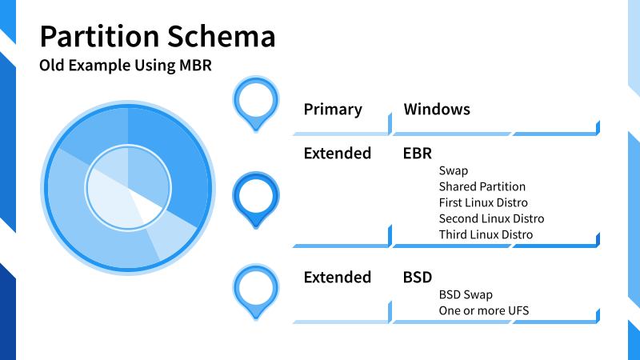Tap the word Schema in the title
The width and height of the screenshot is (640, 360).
(x=222, y=37)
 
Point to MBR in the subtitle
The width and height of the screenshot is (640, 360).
(x=195, y=66)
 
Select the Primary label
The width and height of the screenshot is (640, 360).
(x=333, y=110)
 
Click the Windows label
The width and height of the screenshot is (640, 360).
(x=437, y=109)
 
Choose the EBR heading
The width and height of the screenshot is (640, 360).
(x=417, y=153)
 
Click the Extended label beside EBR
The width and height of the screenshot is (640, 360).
(x=337, y=153)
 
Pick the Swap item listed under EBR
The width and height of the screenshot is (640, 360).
(x=454, y=170)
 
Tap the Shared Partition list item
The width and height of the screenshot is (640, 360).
(x=482, y=186)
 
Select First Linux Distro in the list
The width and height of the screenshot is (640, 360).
(x=483, y=202)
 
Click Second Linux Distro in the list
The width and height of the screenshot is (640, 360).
(x=491, y=218)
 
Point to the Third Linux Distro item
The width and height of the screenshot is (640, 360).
(x=486, y=234)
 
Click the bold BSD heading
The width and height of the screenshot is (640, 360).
(x=417, y=277)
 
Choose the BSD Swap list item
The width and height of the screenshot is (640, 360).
(x=466, y=294)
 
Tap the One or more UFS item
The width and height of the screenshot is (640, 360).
(x=484, y=310)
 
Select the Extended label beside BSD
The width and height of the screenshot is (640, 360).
(x=337, y=277)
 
